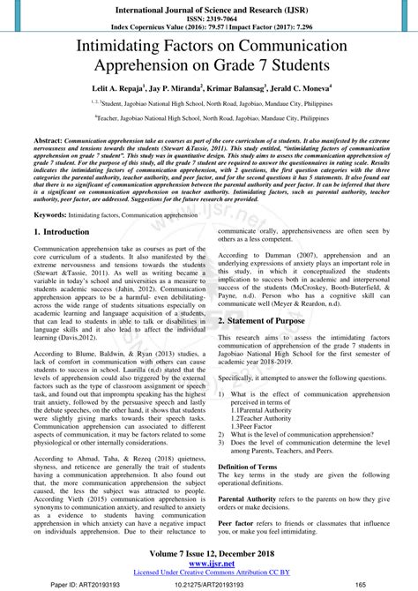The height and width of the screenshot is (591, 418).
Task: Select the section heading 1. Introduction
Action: tap(61, 232)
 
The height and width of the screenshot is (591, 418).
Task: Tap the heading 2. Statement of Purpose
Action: tap(273, 322)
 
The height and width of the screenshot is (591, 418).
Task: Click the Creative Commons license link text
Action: tap(208, 572)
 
